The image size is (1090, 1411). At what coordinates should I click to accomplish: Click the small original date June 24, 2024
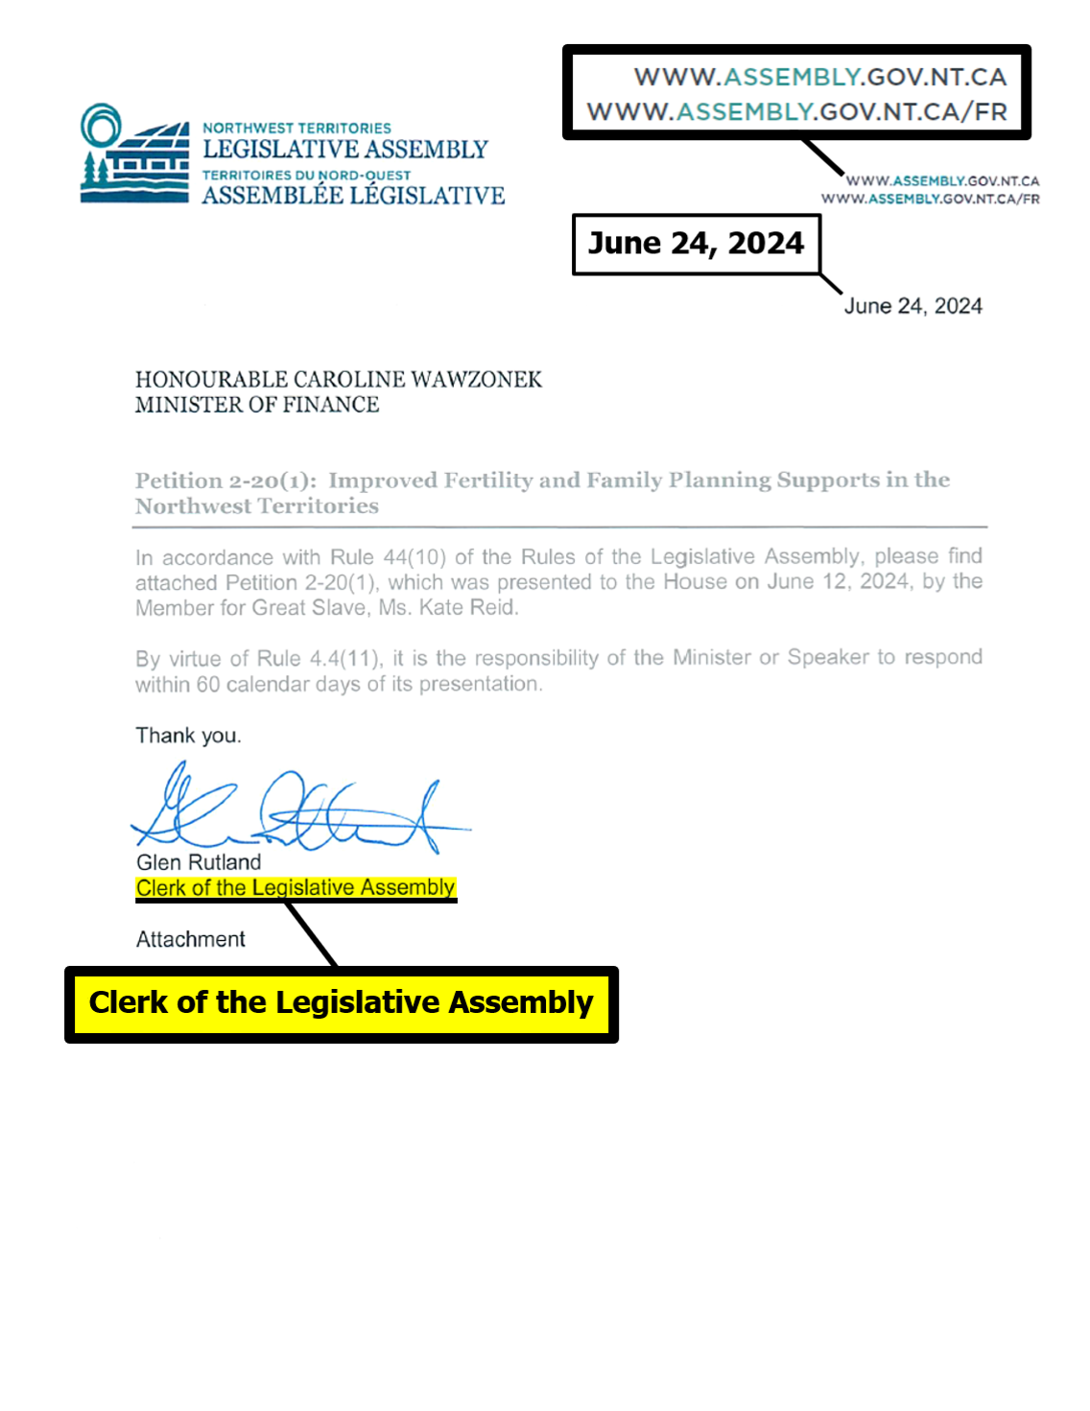pos(912,306)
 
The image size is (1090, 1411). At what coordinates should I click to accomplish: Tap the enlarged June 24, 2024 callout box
pos(696,244)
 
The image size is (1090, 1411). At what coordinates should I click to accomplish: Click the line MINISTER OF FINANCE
pos(257,405)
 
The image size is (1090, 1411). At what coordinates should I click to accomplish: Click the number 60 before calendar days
pos(208,684)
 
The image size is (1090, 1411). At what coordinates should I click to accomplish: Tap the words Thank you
pos(188,736)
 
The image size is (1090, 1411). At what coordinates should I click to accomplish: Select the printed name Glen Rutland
pos(199,862)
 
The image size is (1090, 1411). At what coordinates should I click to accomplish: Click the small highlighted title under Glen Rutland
pos(296,888)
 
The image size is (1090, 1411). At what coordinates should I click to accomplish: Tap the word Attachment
pos(191,939)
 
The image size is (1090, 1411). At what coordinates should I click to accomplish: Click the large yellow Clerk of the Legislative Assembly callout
pos(341,1003)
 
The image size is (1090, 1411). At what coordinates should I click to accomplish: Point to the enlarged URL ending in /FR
pos(796,112)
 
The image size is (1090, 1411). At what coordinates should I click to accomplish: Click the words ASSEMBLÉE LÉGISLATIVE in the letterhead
pos(353,196)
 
